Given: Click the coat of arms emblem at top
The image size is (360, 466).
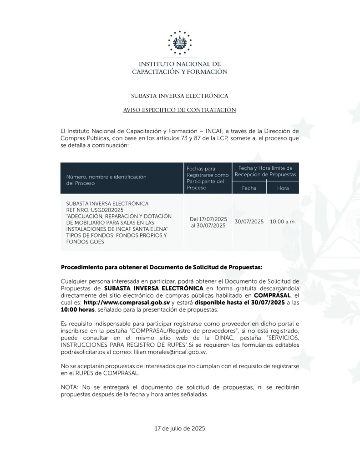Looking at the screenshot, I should [x=180, y=42].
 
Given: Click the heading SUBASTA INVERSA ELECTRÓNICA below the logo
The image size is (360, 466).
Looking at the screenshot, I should [x=179, y=96].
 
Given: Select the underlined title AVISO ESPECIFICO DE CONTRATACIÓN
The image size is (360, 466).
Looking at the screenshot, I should [x=179, y=110].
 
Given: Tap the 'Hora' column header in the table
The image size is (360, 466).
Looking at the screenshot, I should [x=283, y=188].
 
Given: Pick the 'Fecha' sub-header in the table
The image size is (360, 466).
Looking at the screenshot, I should [x=249, y=188].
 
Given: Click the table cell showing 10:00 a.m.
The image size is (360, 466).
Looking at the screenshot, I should [x=283, y=222].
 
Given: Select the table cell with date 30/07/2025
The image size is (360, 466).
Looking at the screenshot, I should [x=249, y=222].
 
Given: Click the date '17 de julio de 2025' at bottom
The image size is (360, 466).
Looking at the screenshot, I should [x=180, y=428].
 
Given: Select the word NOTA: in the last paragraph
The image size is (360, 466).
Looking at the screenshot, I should [x=70, y=387].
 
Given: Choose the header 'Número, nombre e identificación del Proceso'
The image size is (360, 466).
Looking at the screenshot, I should [x=106, y=180].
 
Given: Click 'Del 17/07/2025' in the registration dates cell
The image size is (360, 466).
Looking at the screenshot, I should [x=208, y=219].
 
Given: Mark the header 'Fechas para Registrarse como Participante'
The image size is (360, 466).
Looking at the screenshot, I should [x=208, y=178].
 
